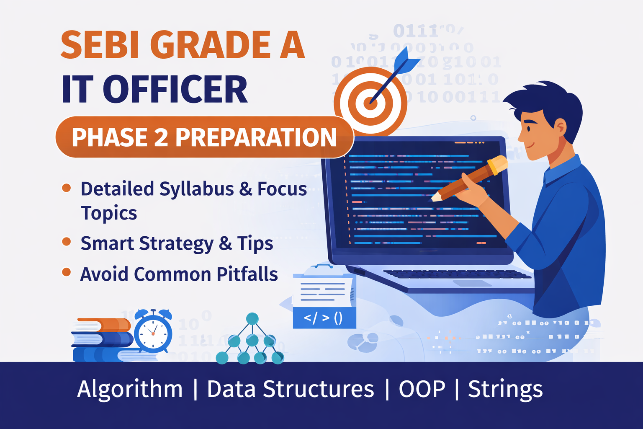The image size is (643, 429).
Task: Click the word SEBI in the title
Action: [x=100, y=45]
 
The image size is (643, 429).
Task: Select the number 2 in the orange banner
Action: [x=161, y=137]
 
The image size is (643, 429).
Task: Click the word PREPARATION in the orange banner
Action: [x=256, y=137]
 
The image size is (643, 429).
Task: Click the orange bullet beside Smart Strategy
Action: [x=66, y=242]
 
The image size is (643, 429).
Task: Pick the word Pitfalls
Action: [x=247, y=274]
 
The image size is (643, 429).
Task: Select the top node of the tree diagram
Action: [x=252, y=319]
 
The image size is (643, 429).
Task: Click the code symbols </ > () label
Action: [x=324, y=318]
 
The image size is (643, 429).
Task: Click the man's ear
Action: [x=560, y=127]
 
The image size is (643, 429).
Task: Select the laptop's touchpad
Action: [x=472, y=283]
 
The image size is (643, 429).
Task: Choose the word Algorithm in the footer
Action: [x=130, y=389]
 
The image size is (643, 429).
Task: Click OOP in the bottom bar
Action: [x=422, y=389]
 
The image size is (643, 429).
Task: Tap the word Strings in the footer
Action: [x=505, y=389]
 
